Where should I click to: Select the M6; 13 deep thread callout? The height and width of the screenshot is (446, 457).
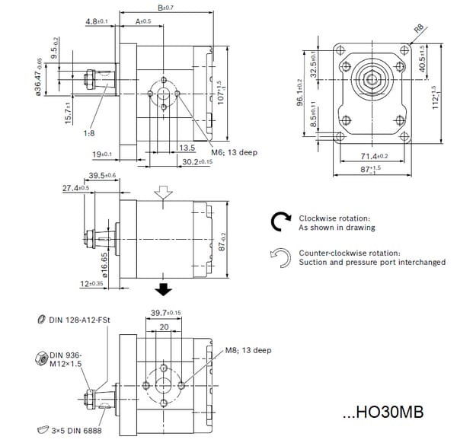pyautogui.click(x=234, y=152)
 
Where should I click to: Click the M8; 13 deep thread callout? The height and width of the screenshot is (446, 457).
pyautogui.click(x=248, y=351)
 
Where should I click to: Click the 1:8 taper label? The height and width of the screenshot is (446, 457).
pyautogui.click(x=90, y=132)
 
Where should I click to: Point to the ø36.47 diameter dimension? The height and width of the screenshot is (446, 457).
pyautogui.click(x=38, y=78)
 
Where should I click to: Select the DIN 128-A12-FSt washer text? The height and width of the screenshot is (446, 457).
pyautogui.click(x=80, y=320)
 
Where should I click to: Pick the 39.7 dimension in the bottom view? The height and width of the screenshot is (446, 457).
pyautogui.click(x=165, y=313)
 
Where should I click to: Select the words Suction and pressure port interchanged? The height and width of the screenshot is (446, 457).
pyautogui.click(x=372, y=263)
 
